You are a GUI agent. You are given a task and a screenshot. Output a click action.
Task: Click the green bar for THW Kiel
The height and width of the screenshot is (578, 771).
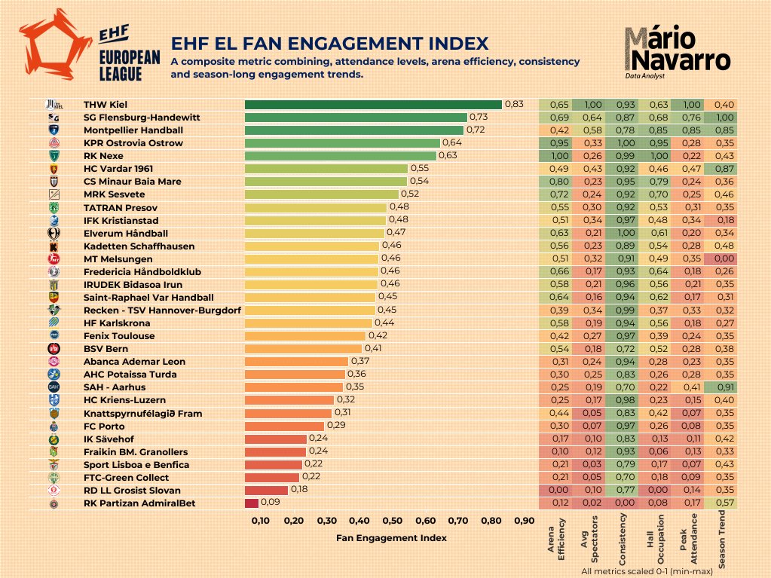(x=373, y=105)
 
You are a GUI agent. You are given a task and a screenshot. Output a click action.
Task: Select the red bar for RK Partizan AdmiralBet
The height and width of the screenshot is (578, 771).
(x=251, y=503)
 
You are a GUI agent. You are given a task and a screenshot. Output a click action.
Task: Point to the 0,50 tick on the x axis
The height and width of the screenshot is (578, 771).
(x=392, y=521)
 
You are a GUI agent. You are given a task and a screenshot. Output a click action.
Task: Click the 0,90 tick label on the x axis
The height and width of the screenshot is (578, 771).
(x=524, y=521)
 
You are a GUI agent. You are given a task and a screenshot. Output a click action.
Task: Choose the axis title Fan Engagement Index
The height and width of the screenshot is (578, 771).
(x=391, y=538)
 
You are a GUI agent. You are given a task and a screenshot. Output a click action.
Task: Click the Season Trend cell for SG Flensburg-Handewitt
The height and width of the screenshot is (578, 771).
(x=724, y=118)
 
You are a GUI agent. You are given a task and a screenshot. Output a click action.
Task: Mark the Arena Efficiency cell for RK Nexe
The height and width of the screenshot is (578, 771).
(x=559, y=156)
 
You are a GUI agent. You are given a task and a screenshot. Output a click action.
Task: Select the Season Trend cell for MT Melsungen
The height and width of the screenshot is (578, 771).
(x=724, y=258)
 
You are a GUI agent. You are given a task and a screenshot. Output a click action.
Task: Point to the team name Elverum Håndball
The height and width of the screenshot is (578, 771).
(x=125, y=234)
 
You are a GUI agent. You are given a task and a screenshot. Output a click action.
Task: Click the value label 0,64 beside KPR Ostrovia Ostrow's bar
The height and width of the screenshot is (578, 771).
(x=452, y=142)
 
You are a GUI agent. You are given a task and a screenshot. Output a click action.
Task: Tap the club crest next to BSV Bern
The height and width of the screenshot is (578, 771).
(x=54, y=349)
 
